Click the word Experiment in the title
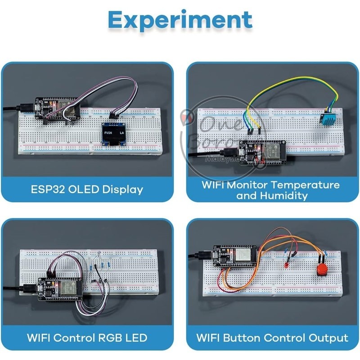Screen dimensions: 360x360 pos(180,20)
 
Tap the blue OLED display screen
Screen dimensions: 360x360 pos(113,134)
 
